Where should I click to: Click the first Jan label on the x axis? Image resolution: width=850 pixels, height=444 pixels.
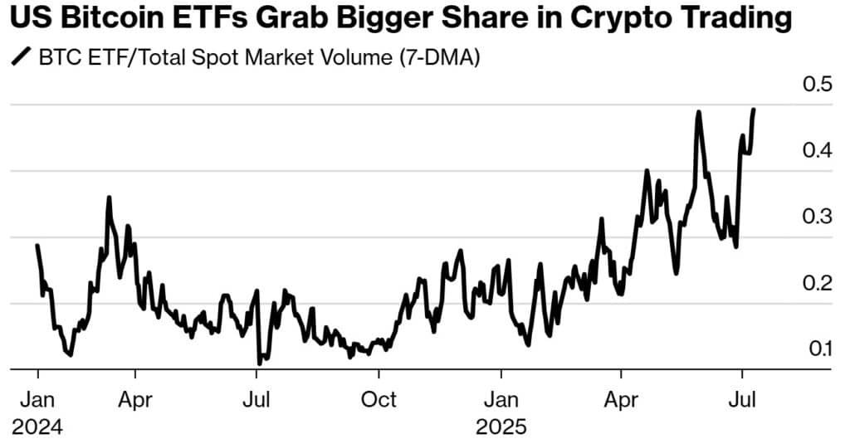click(38, 399)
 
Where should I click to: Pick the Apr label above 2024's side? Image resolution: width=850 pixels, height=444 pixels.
click(134, 399)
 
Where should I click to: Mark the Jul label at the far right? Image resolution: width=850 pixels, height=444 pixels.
click(742, 399)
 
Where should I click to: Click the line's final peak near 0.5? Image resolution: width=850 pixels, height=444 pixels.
click(754, 110)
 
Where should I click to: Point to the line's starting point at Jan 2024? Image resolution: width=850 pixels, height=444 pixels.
click(37, 246)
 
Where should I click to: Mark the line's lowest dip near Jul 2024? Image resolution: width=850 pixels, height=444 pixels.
click(260, 363)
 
